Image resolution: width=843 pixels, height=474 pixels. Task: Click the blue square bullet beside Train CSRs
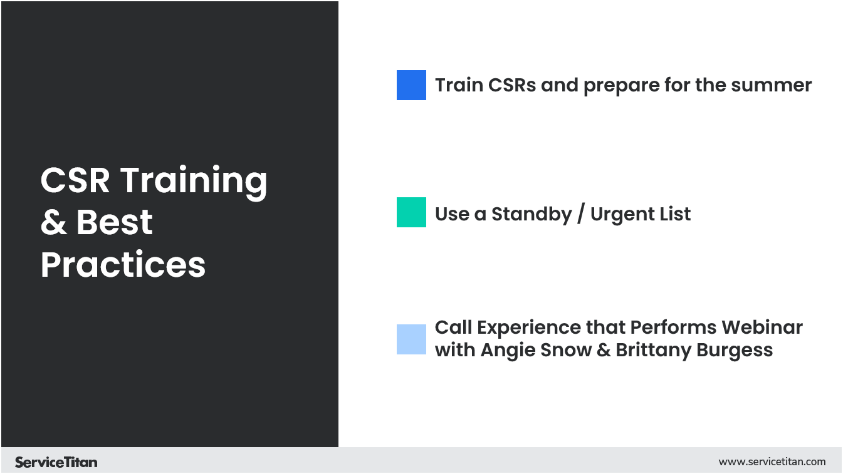411,85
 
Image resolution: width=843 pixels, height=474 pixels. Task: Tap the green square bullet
411,212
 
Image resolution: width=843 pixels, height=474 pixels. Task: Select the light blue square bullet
411,339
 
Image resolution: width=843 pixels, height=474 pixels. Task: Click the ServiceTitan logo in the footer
56,462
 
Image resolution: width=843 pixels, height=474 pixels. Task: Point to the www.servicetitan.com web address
772,462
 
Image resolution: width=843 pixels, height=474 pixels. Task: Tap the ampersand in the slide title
54,224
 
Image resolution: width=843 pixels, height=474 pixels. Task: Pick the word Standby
531,214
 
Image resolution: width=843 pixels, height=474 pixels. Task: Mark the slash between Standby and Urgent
581,214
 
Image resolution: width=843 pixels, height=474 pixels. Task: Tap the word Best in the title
115,224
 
